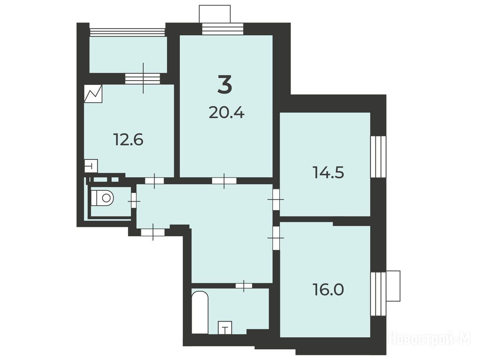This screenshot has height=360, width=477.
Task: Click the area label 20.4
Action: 227,113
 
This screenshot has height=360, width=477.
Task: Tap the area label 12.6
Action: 128,140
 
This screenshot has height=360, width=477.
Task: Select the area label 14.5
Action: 328,172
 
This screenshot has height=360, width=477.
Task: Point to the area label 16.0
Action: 328,290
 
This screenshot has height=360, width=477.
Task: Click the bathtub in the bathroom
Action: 200,312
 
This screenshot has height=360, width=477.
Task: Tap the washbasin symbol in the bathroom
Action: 225,328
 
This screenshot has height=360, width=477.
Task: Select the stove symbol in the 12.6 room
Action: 93,94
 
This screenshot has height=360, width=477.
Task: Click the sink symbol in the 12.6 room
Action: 90,166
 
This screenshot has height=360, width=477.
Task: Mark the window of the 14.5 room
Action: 378,157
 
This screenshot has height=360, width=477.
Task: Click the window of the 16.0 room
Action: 378,293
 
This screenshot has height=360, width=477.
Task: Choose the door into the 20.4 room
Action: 224,181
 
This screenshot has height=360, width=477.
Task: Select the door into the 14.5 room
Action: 276,200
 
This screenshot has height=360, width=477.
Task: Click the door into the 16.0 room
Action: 276,238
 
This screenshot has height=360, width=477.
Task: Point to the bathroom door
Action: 244,285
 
